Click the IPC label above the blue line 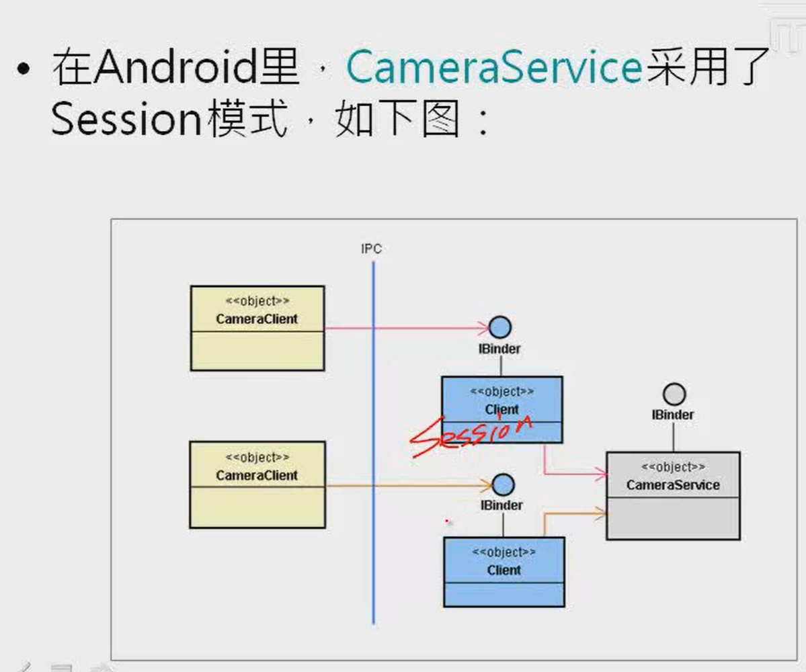[x=371, y=249]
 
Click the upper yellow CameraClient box [x=257, y=328]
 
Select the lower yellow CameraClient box [x=257, y=485]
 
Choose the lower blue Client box [x=504, y=571]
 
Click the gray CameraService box [x=673, y=496]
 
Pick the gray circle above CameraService [x=674, y=394]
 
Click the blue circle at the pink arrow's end [x=500, y=328]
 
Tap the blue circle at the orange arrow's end [x=503, y=485]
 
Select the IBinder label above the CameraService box [x=672, y=415]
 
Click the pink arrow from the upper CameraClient [x=403, y=329]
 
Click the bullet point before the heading [x=25, y=69]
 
